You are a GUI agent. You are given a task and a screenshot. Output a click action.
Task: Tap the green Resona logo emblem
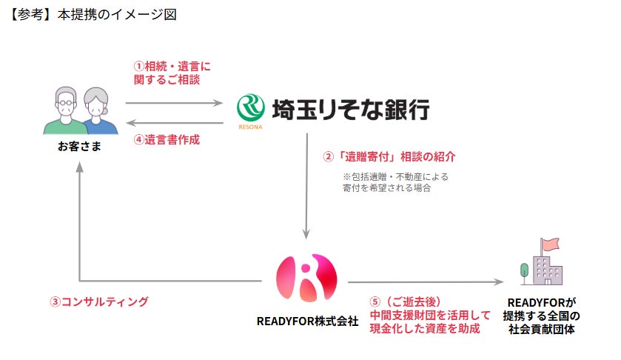click(x=250, y=109)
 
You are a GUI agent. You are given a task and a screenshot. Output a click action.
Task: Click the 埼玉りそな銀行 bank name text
click(x=351, y=108)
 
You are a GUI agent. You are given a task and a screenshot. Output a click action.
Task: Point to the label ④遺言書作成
click(x=167, y=139)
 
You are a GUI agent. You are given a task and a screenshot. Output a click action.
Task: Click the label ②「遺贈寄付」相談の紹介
click(x=389, y=156)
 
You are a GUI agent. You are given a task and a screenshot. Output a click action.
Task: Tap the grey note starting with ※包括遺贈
click(x=395, y=182)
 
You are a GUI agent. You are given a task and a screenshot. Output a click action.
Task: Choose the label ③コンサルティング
click(x=99, y=302)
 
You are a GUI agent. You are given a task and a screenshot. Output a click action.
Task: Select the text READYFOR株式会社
click(x=306, y=321)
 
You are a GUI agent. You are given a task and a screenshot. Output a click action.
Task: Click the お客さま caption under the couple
click(x=80, y=147)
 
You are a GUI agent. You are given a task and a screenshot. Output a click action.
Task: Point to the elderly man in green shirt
click(x=64, y=111)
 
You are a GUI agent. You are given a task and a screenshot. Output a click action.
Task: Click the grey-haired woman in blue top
click(x=94, y=111)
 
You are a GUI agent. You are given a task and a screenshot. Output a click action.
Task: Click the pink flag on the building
click(x=550, y=244)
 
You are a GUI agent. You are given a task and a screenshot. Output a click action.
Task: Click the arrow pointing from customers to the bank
click(x=175, y=104)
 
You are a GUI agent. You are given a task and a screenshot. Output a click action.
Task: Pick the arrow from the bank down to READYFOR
click(x=306, y=185)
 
